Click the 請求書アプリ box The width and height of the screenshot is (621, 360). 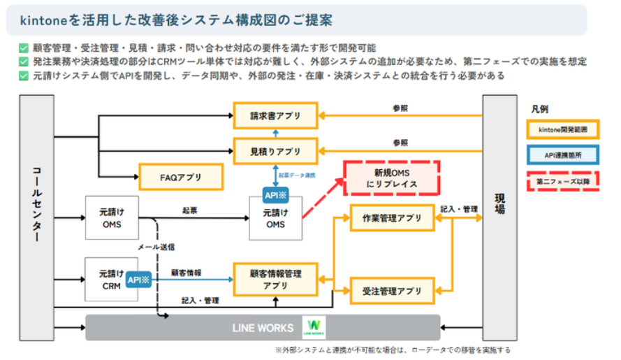[x=275, y=115]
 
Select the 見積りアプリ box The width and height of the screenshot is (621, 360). [x=275, y=150]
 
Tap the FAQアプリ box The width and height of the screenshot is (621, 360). [x=181, y=177]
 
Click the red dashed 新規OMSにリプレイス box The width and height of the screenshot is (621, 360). [x=392, y=178]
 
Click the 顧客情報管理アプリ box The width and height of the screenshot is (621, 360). [x=275, y=280]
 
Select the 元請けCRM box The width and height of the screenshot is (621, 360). [x=111, y=280]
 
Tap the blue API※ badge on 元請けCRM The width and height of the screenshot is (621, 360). [x=138, y=280]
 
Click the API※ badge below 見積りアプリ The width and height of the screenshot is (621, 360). [x=276, y=194]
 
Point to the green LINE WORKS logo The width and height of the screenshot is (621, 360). [x=313, y=327]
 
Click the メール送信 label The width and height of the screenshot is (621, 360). [x=156, y=247]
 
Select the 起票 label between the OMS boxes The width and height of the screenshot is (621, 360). [x=189, y=209]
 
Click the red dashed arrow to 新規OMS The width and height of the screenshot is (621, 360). [x=323, y=199]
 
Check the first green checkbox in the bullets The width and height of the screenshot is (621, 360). [x=24, y=48]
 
